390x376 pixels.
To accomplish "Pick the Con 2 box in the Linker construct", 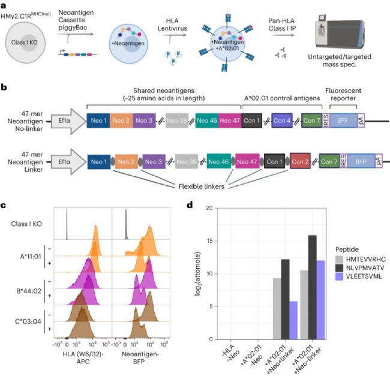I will point(300,161).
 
